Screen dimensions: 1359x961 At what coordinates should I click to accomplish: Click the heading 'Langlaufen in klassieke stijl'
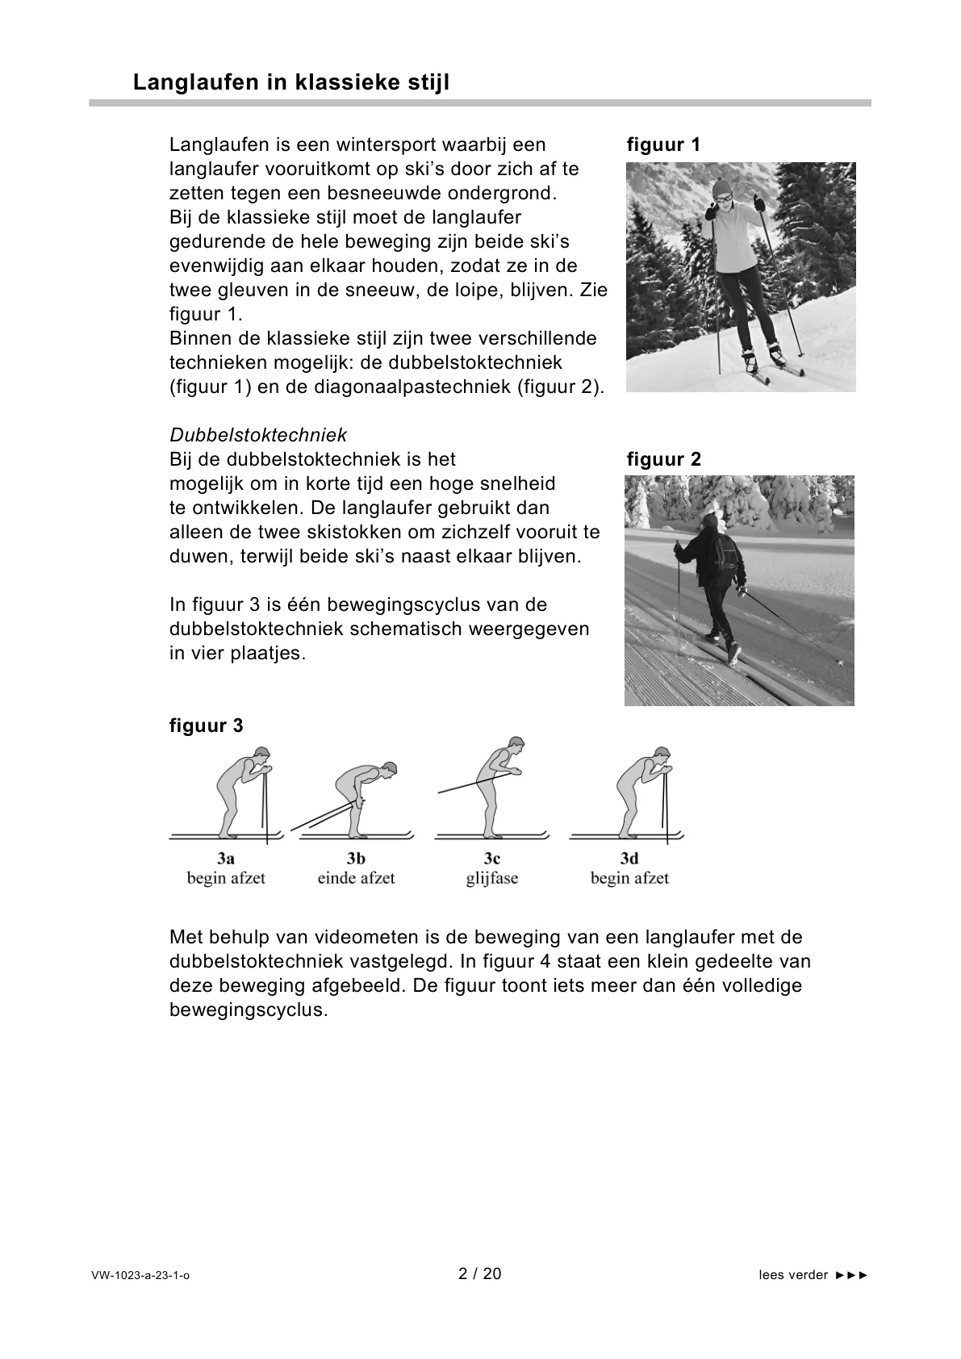(x=290, y=82)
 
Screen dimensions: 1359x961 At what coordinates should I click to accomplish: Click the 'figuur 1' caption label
(x=663, y=145)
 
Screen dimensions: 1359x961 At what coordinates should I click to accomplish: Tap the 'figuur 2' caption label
(x=663, y=460)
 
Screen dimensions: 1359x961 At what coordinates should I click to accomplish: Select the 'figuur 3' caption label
(x=206, y=725)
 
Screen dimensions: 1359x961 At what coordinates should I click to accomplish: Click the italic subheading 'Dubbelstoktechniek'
(x=258, y=435)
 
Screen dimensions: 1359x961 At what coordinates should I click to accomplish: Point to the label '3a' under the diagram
(x=226, y=859)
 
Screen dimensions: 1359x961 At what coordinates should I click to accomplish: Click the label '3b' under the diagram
(x=356, y=859)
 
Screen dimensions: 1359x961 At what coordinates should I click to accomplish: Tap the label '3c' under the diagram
(x=492, y=859)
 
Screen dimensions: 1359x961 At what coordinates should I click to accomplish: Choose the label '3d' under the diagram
(x=629, y=859)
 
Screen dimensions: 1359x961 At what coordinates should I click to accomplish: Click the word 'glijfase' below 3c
(x=491, y=878)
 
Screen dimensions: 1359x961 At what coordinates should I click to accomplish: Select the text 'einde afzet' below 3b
(x=356, y=878)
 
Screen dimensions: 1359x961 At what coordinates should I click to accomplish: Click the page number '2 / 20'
(x=479, y=1274)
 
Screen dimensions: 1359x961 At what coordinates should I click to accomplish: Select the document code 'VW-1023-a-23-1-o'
(x=140, y=1276)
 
